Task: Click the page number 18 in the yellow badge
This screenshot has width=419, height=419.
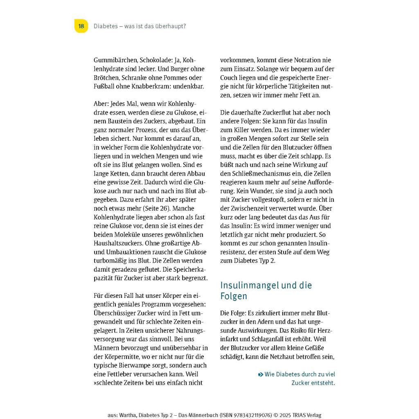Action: coord(81,26)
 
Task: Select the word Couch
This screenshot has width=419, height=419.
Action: coord(232,78)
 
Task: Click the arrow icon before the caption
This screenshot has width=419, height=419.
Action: coord(260,374)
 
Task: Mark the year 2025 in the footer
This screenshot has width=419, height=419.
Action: coord(283,415)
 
